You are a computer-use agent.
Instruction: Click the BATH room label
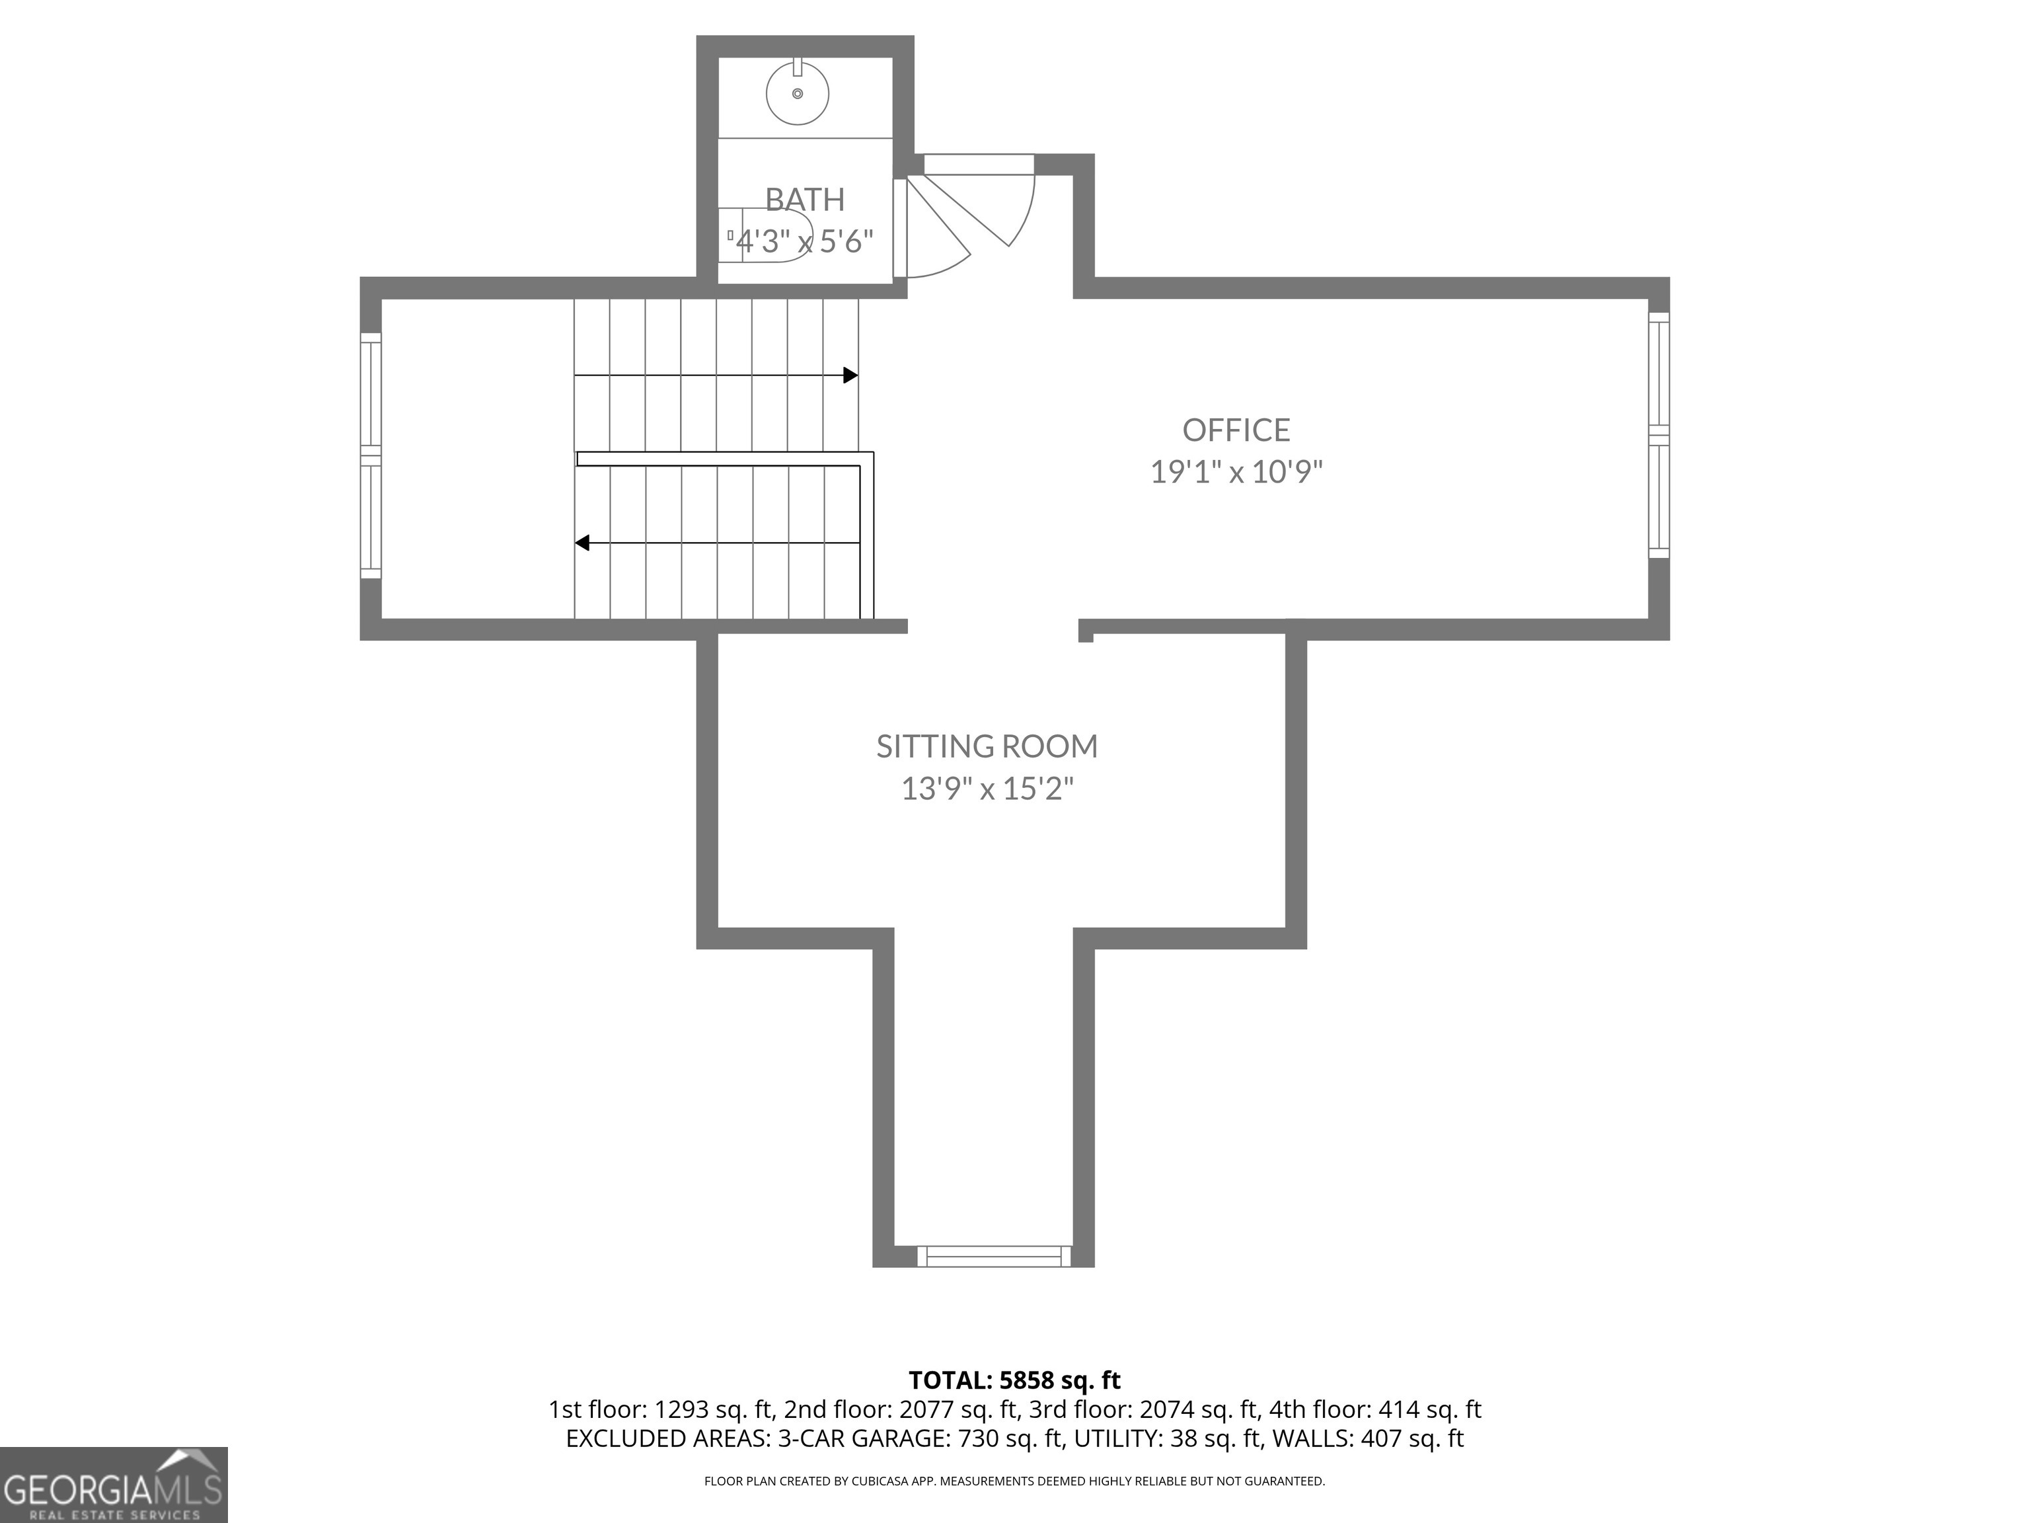click(x=805, y=199)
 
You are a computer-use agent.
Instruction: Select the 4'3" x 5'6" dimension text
click(x=805, y=241)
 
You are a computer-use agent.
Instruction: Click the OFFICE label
click(x=1236, y=430)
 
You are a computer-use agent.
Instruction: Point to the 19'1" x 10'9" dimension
click(x=1236, y=472)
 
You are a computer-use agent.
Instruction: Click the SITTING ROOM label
click(x=987, y=746)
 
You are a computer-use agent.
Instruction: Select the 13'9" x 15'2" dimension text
click(x=987, y=789)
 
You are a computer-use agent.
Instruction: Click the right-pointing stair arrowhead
click(x=850, y=375)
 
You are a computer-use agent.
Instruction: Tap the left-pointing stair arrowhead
click(x=582, y=543)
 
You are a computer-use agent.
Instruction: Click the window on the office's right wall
click(x=1659, y=434)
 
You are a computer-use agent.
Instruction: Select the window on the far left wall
click(x=370, y=455)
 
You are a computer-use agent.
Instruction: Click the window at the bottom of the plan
click(x=994, y=1256)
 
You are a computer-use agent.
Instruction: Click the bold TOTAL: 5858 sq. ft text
click(x=1014, y=1380)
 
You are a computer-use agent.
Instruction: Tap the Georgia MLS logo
click(x=113, y=1485)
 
